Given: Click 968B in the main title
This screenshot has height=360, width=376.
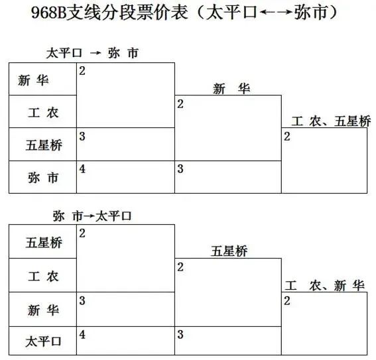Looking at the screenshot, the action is (48, 13).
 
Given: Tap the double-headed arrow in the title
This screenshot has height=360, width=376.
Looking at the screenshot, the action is (276, 12).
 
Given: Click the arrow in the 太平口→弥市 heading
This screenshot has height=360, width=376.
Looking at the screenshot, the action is (95, 53).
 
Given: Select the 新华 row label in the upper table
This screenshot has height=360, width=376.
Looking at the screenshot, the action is (33, 80).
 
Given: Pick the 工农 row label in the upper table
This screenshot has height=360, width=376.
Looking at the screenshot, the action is (43, 113).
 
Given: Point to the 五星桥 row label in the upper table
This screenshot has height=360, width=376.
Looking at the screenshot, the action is (44, 145).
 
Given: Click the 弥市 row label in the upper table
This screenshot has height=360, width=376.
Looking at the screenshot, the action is (43, 178).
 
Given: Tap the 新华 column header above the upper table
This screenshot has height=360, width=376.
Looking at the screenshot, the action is (231, 89).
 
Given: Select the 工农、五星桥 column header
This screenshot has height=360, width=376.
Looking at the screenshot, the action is (331, 121).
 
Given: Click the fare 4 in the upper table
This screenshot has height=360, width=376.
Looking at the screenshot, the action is (82, 169).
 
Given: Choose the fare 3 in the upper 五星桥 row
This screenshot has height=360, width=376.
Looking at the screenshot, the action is (82, 136).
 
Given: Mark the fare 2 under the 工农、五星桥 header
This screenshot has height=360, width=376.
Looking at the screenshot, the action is (287, 137).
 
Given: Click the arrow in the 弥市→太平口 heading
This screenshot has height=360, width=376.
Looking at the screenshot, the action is (89, 216).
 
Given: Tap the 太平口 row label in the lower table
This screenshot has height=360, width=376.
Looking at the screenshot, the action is (43, 341).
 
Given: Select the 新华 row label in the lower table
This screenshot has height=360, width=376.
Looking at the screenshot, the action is (43, 310).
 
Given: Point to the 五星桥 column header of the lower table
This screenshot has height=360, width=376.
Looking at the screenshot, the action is (229, 251).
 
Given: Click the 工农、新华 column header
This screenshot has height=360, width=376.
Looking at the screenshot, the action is (325, 286).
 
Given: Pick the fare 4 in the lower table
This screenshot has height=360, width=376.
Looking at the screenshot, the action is (82, 335).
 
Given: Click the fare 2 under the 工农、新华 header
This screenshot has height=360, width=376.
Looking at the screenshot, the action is (287, 301).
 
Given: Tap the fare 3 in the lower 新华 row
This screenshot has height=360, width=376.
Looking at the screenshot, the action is (82, 300).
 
